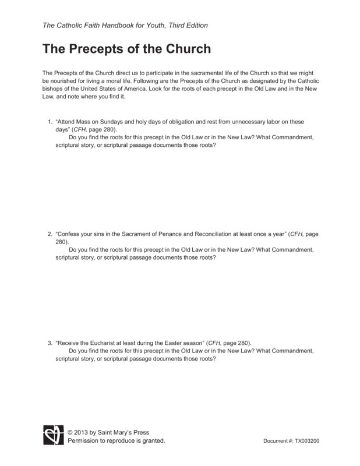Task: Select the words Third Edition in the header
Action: click(185, 25)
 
